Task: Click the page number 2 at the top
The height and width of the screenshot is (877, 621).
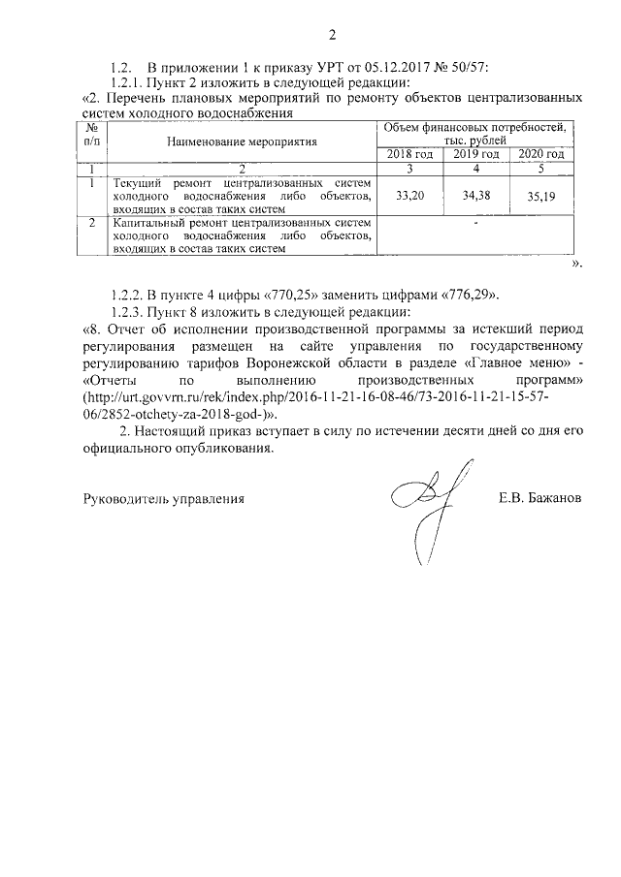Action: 332,38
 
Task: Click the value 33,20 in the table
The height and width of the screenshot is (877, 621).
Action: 413,195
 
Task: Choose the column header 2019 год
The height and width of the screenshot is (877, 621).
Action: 476,154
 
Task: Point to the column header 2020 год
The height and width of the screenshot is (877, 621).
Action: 541,154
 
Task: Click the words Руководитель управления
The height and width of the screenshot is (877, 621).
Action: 161,499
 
